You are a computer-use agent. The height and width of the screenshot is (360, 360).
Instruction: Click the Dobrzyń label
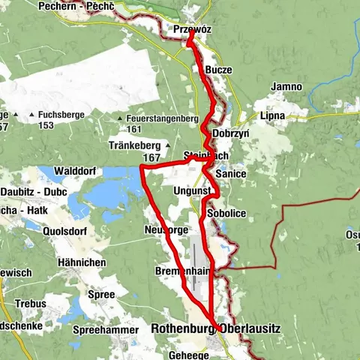tap(228, 132)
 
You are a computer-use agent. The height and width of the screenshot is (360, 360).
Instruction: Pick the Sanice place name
tap(227, 173)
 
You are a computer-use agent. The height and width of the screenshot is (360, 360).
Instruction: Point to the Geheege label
tap(190, 355)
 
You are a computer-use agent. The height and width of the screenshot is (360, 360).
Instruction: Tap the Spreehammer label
tap(106, 330)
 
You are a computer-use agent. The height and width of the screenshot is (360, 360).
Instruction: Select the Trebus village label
tap(31, 304)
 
